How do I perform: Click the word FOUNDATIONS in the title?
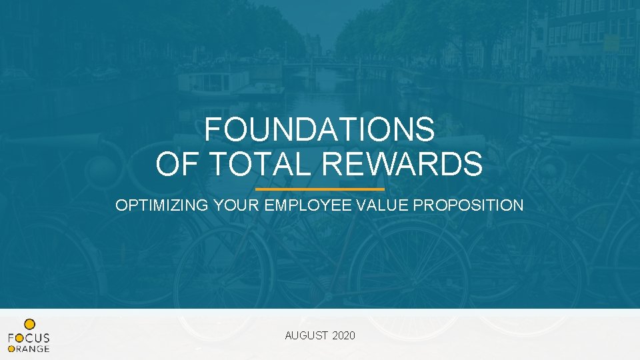coord(319,129)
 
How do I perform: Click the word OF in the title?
coord(176,164)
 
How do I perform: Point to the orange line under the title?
coord(320,189)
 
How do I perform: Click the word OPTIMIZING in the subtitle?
coord(163,205)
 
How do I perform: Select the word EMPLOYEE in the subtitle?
coord(309,205)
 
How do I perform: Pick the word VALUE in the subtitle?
coord(384,205)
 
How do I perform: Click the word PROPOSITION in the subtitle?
coord(469,205)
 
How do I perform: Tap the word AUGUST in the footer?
coord(306,335)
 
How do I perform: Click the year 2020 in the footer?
coord(343,335)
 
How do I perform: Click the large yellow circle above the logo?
coord(29,323)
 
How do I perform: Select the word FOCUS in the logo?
coord(29,338)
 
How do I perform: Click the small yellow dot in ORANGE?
coord(11,349)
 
